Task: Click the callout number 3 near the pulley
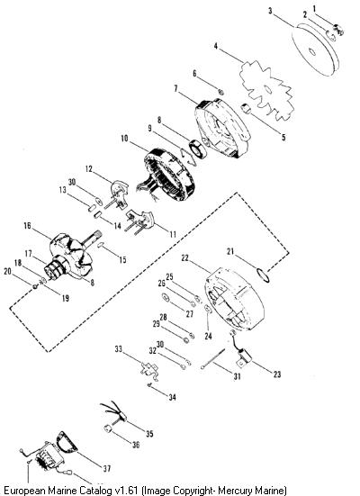[x=270, y=11]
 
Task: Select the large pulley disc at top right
[x=315, y=50]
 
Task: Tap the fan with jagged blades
[x=267, y=90]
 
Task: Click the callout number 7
[x=175, y=88]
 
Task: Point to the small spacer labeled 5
[x=246, y=109]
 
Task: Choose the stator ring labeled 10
[x=168, y=174]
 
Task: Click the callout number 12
[x=89, y=169]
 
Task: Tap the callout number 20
[x=7, y=272]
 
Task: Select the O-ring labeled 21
[x=263, y=275]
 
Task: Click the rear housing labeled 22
[x=234, y=299]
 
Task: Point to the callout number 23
[x=277, y=374]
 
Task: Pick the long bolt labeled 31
[x=213, y=358]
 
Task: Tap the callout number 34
[x=172, y=397]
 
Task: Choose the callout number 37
[x=107, y=468]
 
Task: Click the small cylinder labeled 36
[x=109, y=429]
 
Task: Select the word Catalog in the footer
[x=95, y=491]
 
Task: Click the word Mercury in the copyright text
[x=236, y=491]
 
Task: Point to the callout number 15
[x=122, y=260]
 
